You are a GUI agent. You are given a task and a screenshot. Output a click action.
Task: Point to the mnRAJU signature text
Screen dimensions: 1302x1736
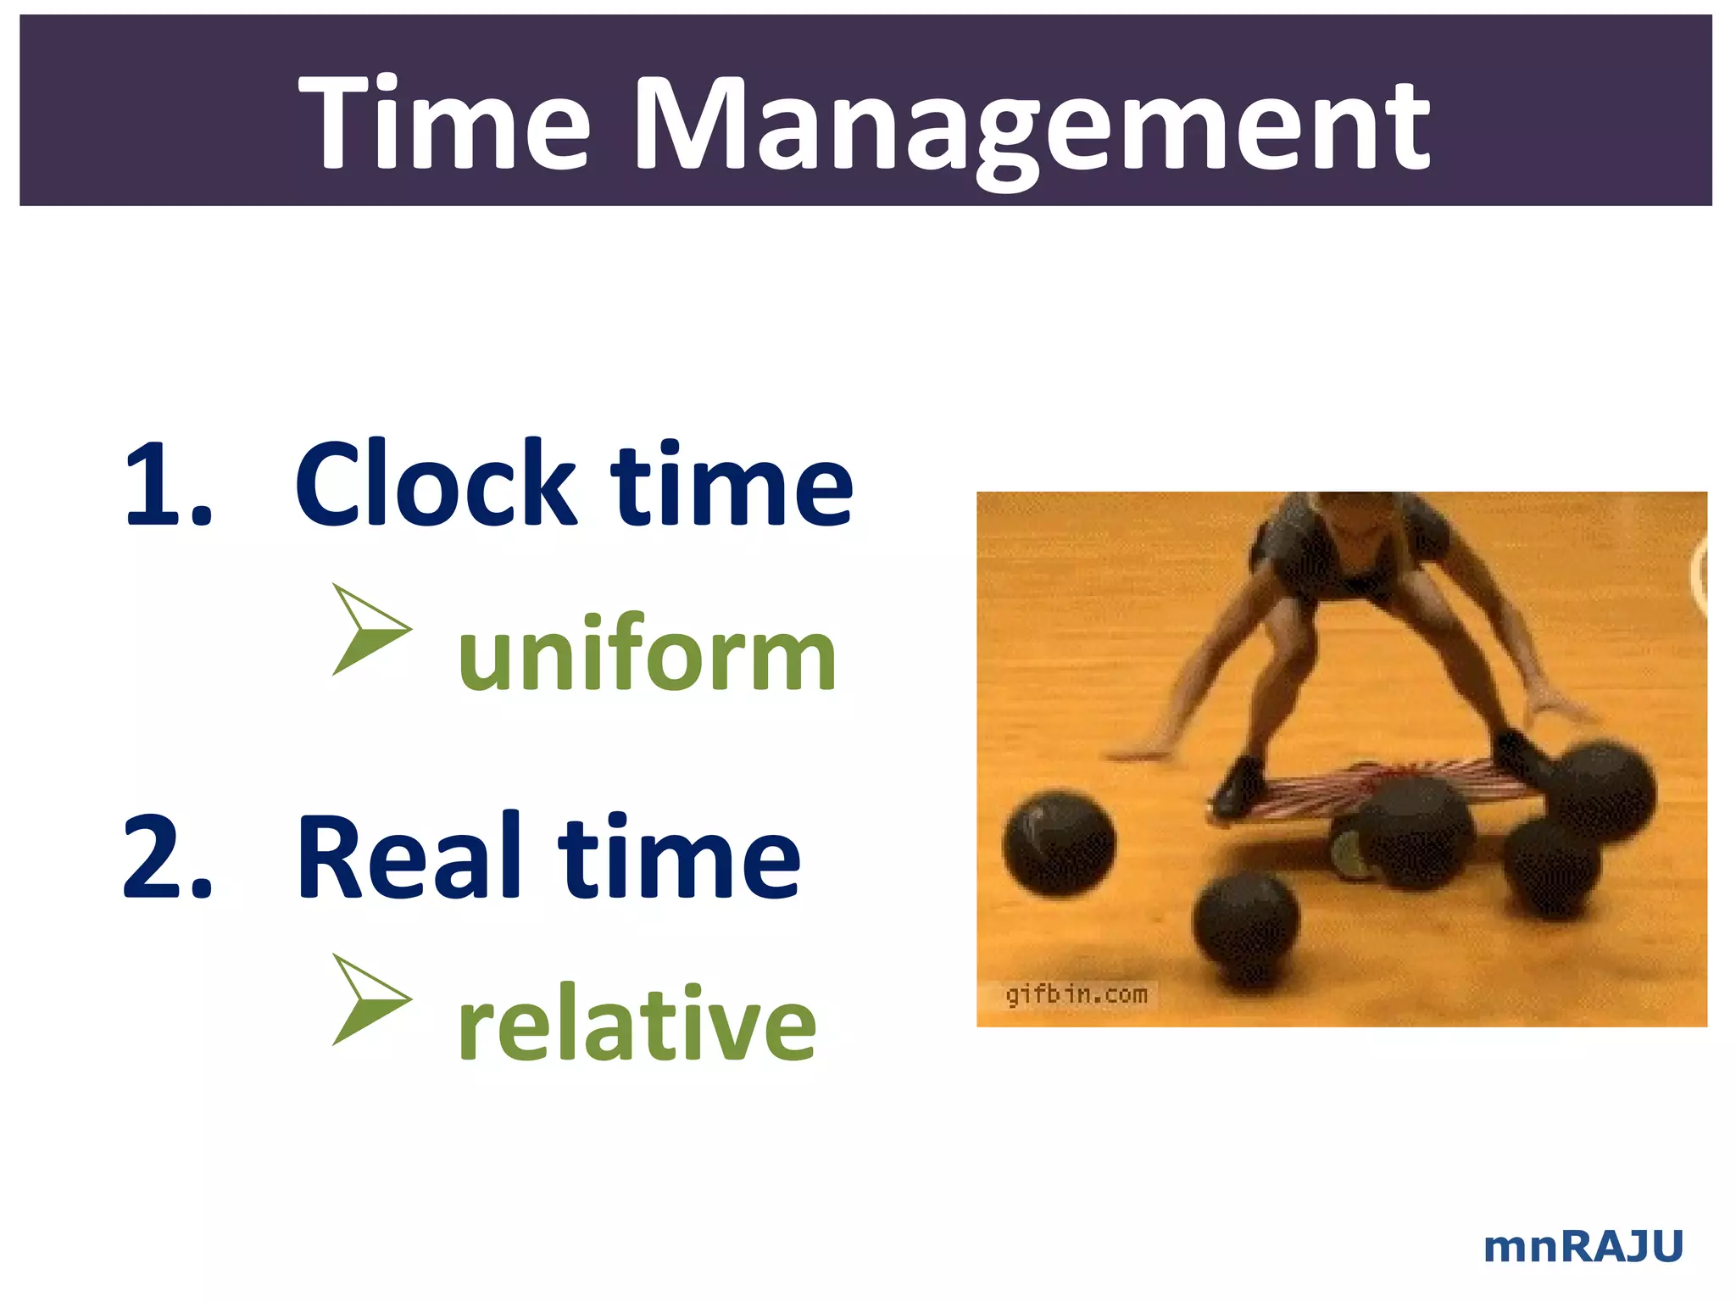click(x=1583, y=1247)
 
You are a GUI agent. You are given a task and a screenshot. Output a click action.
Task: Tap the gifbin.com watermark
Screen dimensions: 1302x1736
click(x=1076, y=994)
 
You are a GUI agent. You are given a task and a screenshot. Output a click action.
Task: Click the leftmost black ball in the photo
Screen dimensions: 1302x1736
click(x=1059, y=843)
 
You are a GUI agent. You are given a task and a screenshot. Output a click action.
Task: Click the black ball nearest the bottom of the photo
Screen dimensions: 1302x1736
click(x=1245, y=928)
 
